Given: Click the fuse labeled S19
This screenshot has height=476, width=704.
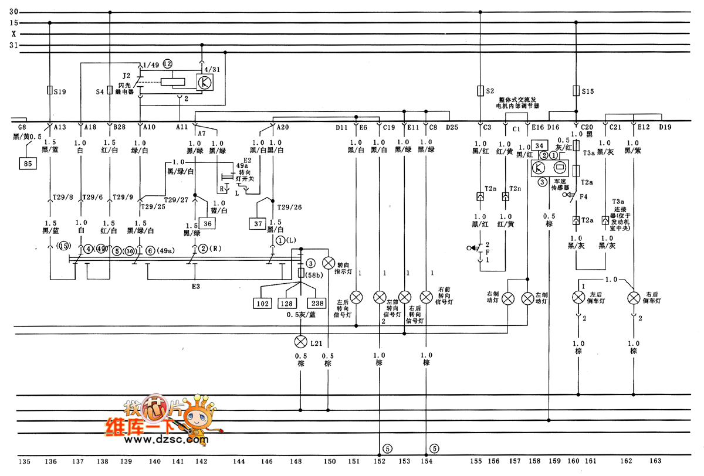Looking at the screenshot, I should (49, 91).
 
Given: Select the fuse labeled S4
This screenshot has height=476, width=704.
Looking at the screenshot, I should (110, 91).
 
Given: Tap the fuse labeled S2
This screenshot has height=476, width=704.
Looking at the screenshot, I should (480, 91).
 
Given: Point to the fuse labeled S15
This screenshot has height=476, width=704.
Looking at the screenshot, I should (576, 91).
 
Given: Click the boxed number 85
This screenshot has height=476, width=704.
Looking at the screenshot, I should (28, 164).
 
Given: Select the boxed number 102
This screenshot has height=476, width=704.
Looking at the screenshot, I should (262, 304).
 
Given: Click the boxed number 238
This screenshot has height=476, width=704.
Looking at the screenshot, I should (316, 304).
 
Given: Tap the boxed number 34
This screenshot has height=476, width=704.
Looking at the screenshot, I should (540, 145).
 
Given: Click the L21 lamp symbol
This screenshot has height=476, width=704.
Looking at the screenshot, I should (301, 341).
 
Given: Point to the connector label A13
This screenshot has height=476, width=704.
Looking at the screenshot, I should (60, 127).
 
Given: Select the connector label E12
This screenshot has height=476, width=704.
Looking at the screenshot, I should (644, 127).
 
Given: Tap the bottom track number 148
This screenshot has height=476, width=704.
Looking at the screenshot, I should (299, 462).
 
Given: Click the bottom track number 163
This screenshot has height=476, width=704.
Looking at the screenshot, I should (655, 462).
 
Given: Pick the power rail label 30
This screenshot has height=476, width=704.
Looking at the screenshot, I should (14, 12).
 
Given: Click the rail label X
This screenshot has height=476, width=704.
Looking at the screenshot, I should (13, 34).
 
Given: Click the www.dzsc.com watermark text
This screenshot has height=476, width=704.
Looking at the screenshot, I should (158, 438).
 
